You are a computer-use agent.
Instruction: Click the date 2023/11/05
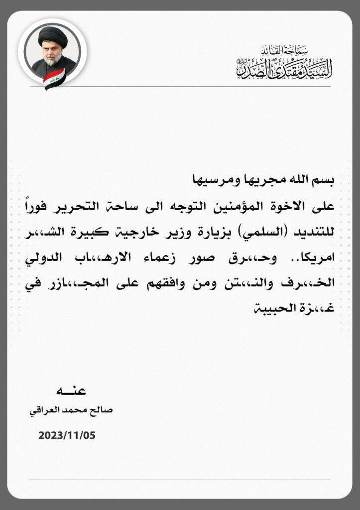coord(67,435)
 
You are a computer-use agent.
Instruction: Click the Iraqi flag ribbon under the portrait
coord(54,79)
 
